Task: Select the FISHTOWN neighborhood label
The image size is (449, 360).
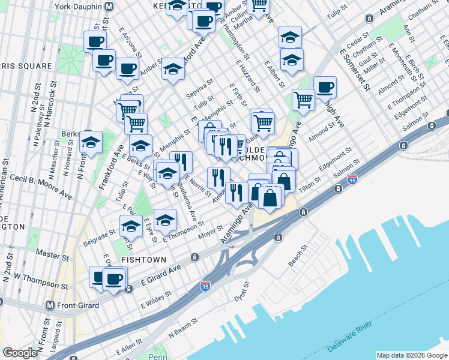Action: pyautogui.click(x=140, y=259)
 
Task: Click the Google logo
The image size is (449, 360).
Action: pyautogui.click(x=20, y=353)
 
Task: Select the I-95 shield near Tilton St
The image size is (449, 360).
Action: pyautogui.click(x=352, y=179)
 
